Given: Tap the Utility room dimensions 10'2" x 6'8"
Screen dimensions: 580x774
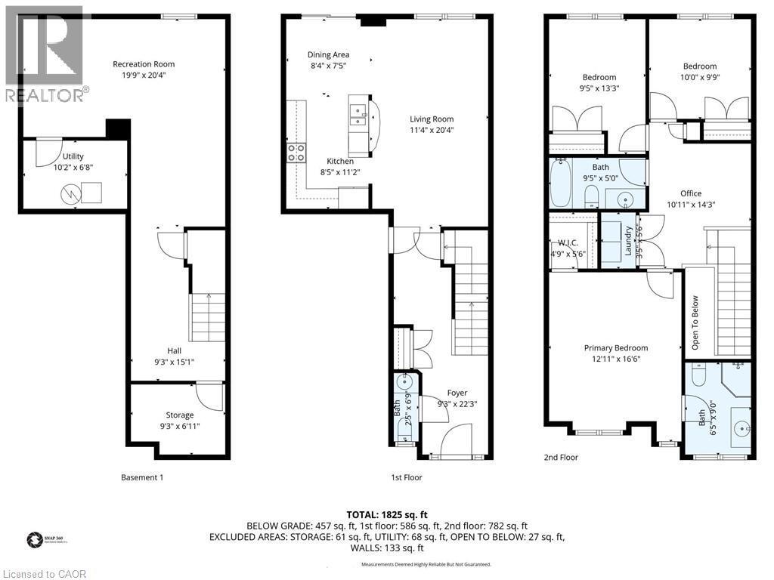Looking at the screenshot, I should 73,168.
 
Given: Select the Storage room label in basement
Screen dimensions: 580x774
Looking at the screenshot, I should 180,415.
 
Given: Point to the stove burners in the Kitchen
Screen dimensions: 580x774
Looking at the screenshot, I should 296,153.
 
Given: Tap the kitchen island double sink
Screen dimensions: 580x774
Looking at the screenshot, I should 358,115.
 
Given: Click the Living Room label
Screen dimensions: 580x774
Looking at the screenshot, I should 432,119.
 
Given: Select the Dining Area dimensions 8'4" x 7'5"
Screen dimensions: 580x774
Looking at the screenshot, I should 328,66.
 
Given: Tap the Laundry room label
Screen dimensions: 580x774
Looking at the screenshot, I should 628,241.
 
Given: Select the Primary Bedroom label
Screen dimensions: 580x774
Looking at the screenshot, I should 615,348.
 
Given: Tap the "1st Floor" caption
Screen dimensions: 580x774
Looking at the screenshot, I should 407,477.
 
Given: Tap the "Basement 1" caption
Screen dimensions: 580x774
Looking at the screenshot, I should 142,477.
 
